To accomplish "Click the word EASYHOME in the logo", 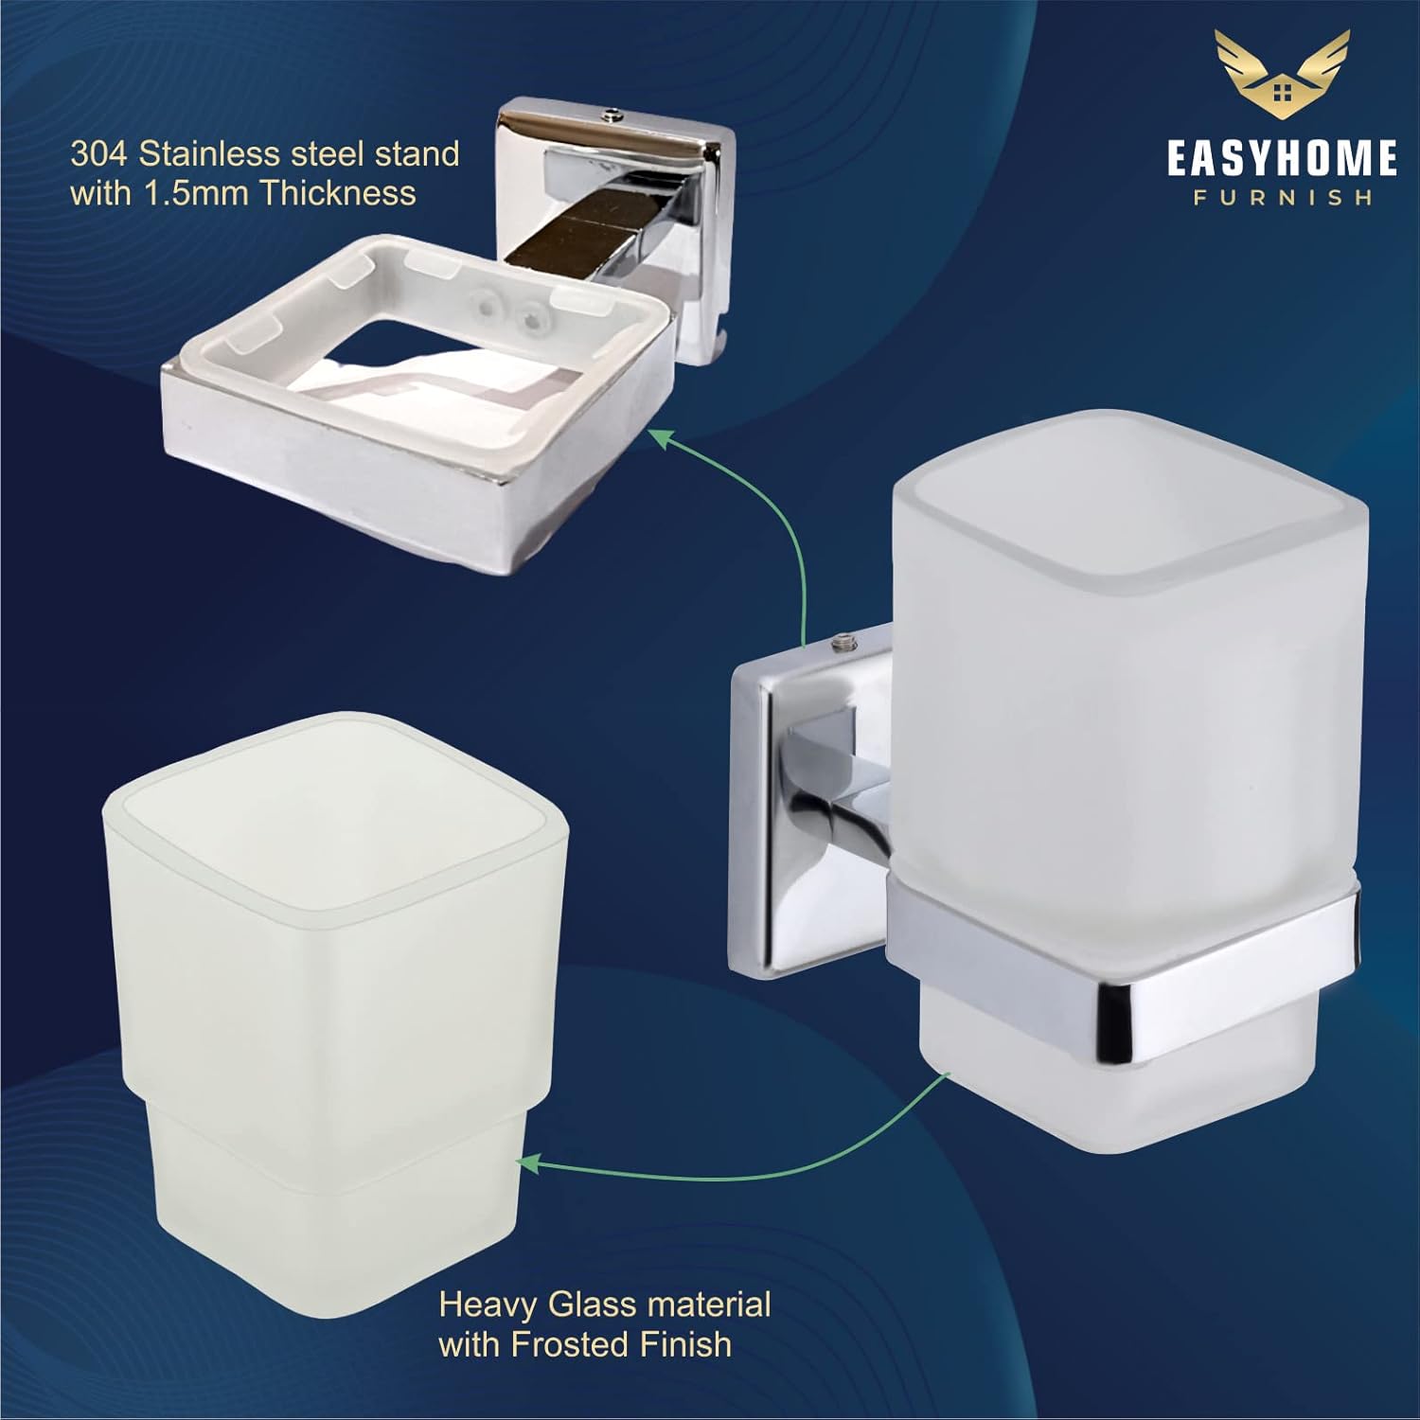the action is point(1282,158).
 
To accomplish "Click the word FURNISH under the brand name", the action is point(1282,198).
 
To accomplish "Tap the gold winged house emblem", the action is point(1283,78).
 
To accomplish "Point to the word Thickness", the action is point(337,193).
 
